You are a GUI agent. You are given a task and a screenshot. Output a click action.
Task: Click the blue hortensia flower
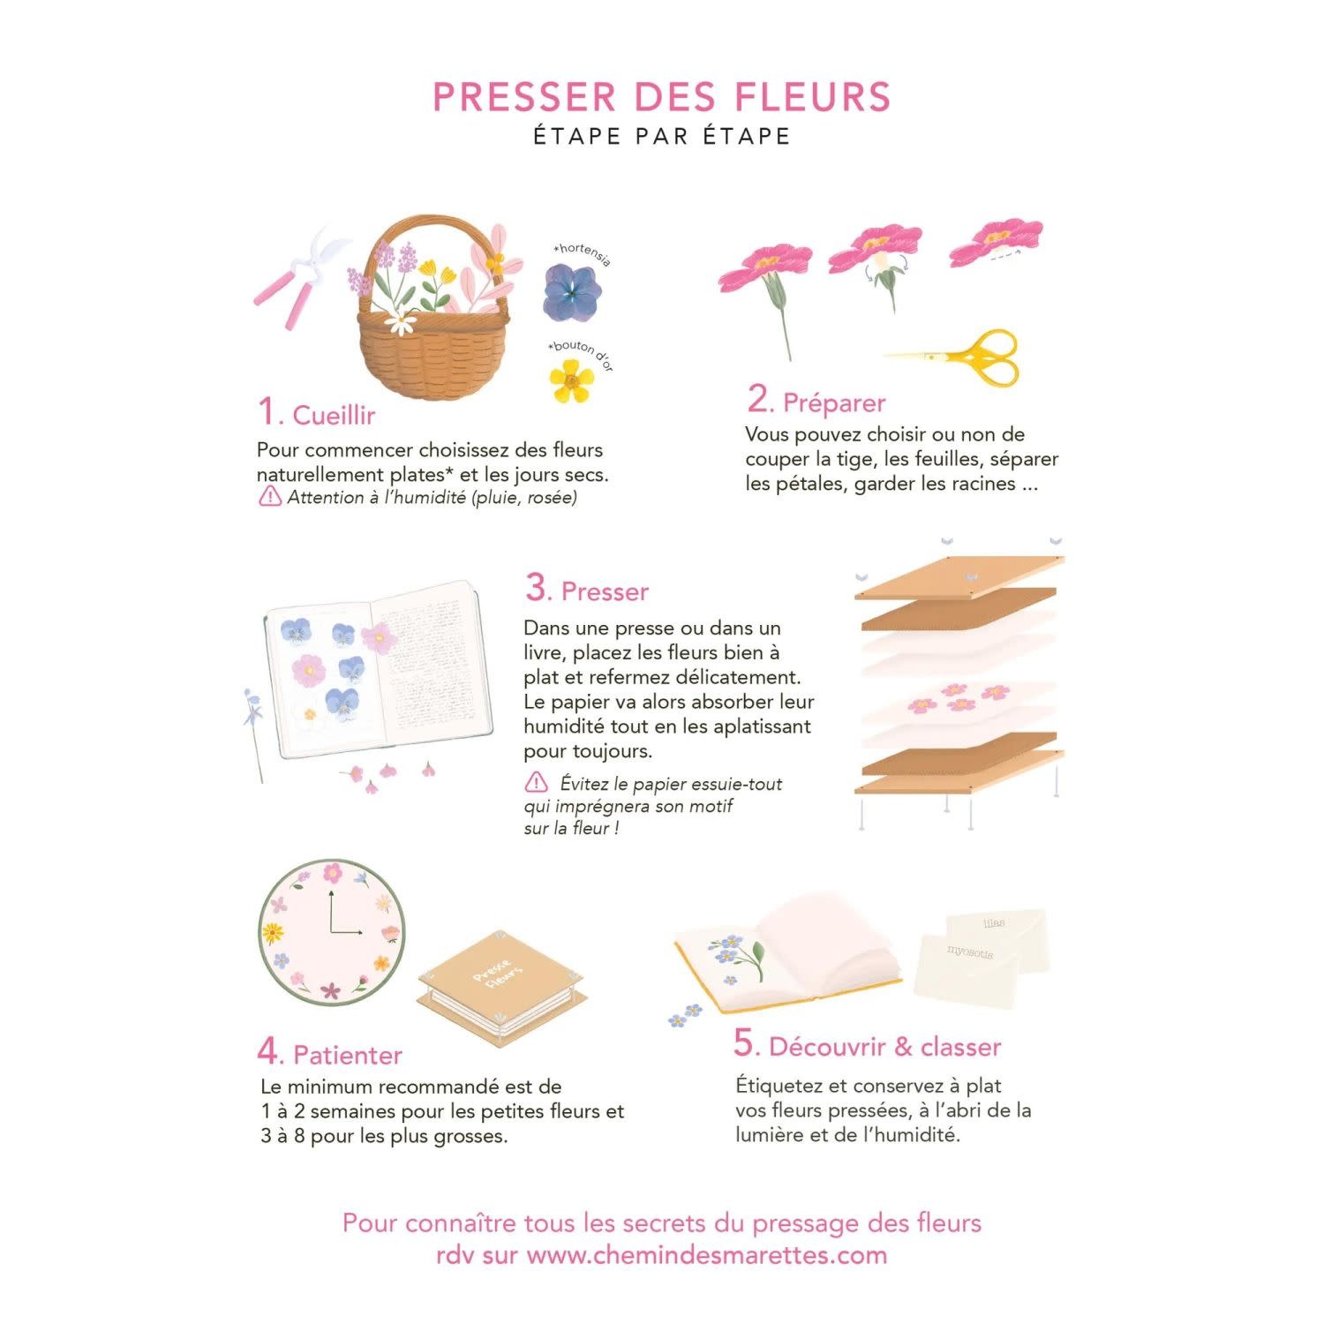571,292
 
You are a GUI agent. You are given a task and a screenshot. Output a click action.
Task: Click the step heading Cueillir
334,416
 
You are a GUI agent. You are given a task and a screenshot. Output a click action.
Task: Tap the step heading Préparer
834,403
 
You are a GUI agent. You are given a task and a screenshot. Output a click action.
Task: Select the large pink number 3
536,588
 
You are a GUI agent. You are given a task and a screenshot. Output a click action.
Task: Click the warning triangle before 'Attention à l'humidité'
269,497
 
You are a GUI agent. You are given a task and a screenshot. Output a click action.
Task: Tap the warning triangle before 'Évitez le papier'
536,783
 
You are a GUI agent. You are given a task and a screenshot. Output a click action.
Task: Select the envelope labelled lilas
997,925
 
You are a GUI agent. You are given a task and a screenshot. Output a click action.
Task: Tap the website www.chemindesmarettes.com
706,1255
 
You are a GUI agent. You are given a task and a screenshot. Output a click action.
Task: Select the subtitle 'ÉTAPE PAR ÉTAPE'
662,136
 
